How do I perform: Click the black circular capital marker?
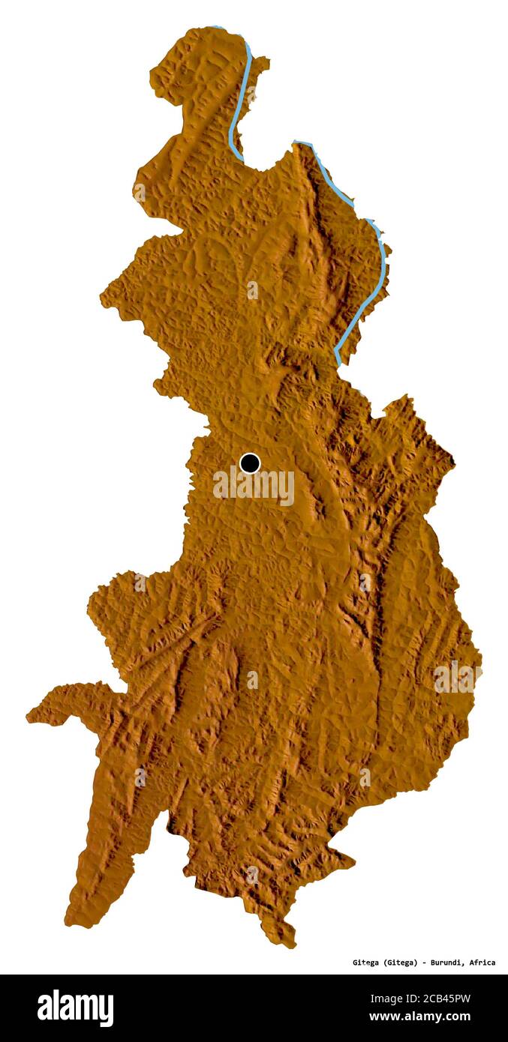click(x=250, y=463)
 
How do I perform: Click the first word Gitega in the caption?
click(x=368, y=963)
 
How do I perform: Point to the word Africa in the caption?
click(x=482, y=963)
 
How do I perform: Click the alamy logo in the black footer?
click(x=75, y=1008)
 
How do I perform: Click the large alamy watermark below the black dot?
click(x=254, y=487)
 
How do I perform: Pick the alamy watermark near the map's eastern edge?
click(x=456, y=677)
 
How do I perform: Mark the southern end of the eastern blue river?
click(x=338, y=363)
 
